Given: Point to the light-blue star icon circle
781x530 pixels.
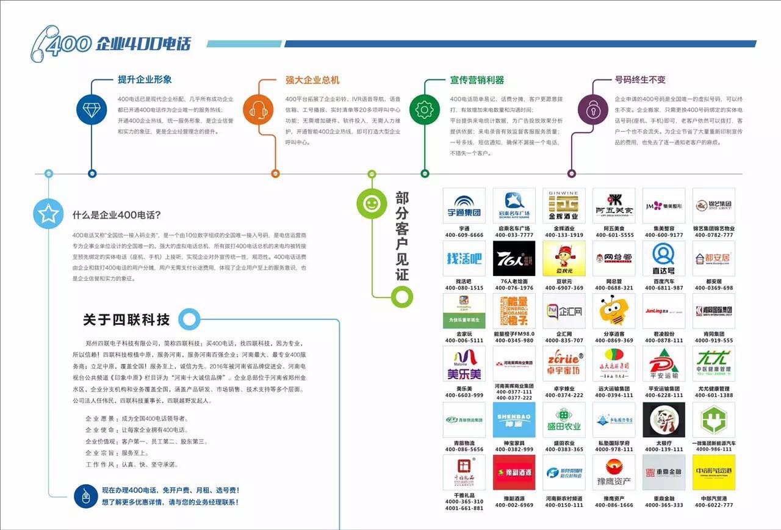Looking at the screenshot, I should pyautogui.click(x=48, y=214).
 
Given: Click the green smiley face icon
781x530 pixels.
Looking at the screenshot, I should pyautogui.click(x=372, y=203).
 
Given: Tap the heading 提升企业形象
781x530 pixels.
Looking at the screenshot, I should pyautogui.click(x=145, y=79).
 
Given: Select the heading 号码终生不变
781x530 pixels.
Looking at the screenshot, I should pyautogui.click(x=640, y=80).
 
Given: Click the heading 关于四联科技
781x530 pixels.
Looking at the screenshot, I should pyautogui.click(x=126, y=320).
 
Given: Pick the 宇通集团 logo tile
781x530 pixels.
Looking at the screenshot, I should pyautogui.click(x=464, y=206).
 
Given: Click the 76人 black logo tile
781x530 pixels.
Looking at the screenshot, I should pyautogui.click(x=514, y=259).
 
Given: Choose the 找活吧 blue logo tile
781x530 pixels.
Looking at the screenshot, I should pyautogui.click(x=464, y=259).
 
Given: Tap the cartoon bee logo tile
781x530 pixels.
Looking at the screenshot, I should pyautogui.click(x=614, y=311).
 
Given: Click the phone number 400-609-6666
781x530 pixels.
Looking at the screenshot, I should pyautogui.click(x=464, y=235).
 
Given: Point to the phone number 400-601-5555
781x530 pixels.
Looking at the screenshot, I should pyautogui.click(x=614, y=235).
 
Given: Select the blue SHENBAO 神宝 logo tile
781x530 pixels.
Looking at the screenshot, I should pyautogui.click(x=514, y=419).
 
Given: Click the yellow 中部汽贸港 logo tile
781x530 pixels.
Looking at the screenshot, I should pyautogui.click(x=713, y=472).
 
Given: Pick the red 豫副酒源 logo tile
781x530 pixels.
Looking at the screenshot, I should pyautogui.click(x=514, y=472).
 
